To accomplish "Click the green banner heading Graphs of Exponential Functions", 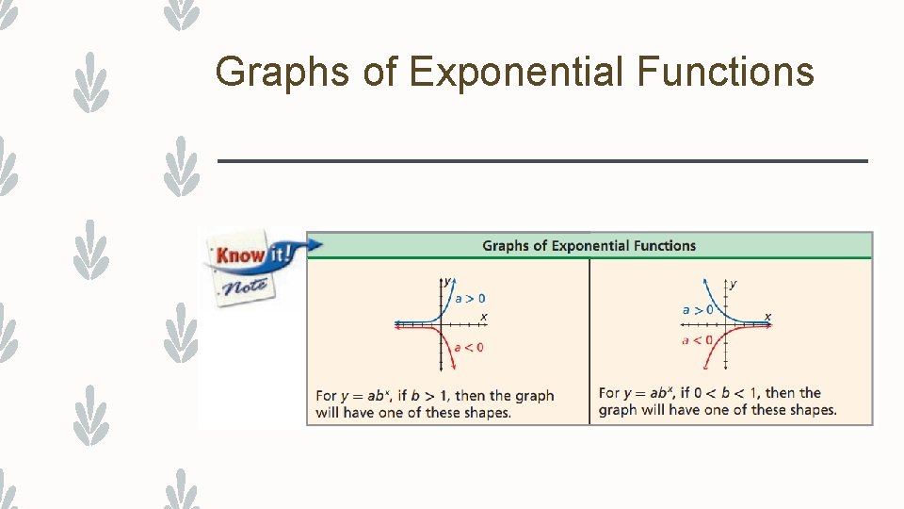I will [589, 246].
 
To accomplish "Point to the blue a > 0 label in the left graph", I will [470, 298].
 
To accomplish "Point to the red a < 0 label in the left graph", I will [469, 347].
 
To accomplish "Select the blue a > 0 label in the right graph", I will [698, 309].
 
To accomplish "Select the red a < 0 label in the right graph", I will [697, 339].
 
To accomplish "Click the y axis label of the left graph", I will [447, 281].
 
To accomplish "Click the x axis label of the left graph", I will [484, 316].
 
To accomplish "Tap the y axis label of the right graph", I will [734, 283].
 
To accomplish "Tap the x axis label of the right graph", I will [767, 316].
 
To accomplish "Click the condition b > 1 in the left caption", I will [431, 396].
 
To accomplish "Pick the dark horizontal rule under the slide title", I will [542, 161].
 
